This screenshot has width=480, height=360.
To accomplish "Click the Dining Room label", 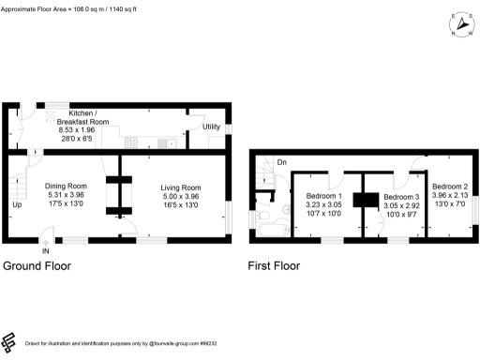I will (66, 186).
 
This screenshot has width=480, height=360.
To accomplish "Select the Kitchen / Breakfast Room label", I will (82, 117).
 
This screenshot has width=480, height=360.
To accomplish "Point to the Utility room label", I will (210, 127).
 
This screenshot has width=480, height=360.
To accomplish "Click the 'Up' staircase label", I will (17, 204).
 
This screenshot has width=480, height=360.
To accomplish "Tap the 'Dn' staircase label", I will (281, 162).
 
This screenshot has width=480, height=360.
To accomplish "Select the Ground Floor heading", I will (37, 266).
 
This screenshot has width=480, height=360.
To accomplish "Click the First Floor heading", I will (274, 266).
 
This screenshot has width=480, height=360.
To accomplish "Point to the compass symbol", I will (460, 23).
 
